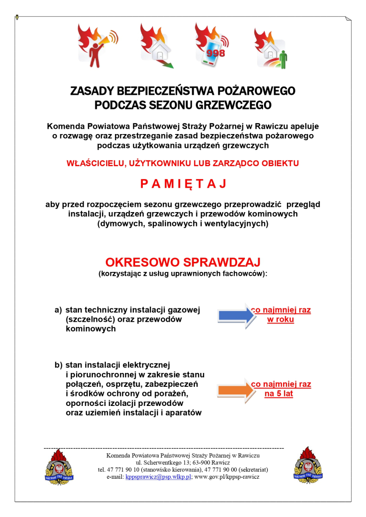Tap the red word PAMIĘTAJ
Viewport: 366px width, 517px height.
coord(183,184)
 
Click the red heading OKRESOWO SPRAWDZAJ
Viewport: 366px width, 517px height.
coord(183,262)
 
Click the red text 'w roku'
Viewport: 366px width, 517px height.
coord(280,320)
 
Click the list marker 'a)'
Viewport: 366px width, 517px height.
coord(58,310)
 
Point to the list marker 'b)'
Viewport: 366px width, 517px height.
coord(58,366)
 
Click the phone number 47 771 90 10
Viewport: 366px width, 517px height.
coord(122,469)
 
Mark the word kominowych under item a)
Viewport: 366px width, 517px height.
coord(91,329)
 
